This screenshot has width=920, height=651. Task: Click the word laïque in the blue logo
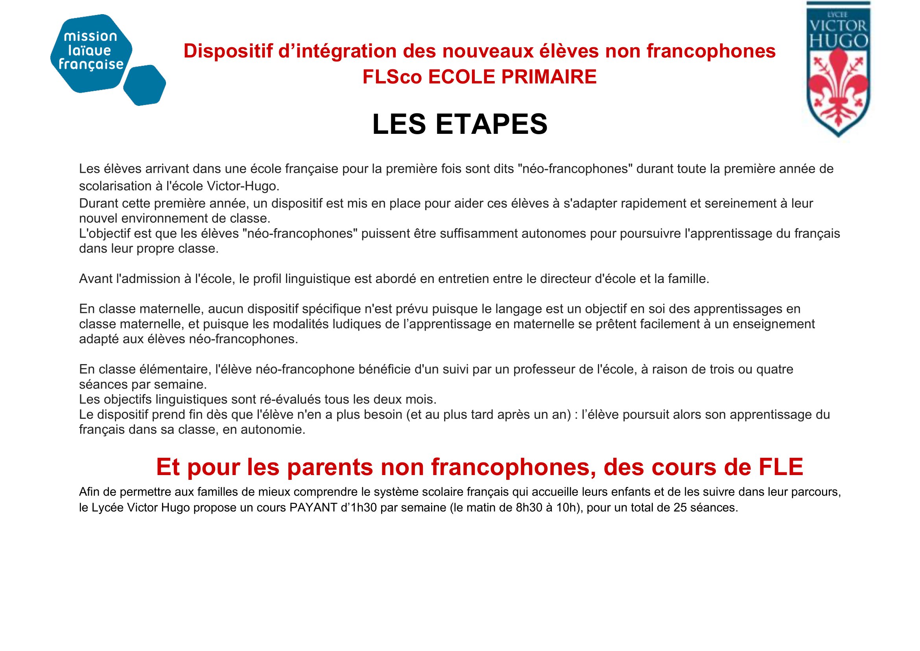(89, 50)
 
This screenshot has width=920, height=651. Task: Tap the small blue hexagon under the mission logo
(144, 85)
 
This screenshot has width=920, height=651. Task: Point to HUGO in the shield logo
(838, 41)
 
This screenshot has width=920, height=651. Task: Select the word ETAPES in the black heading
(491, 124)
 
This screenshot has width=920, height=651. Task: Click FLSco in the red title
(392, 77)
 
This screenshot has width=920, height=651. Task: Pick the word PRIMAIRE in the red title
(549, 77)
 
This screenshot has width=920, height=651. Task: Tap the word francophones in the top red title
(711, 51)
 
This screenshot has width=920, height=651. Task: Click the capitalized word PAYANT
(313, 507)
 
